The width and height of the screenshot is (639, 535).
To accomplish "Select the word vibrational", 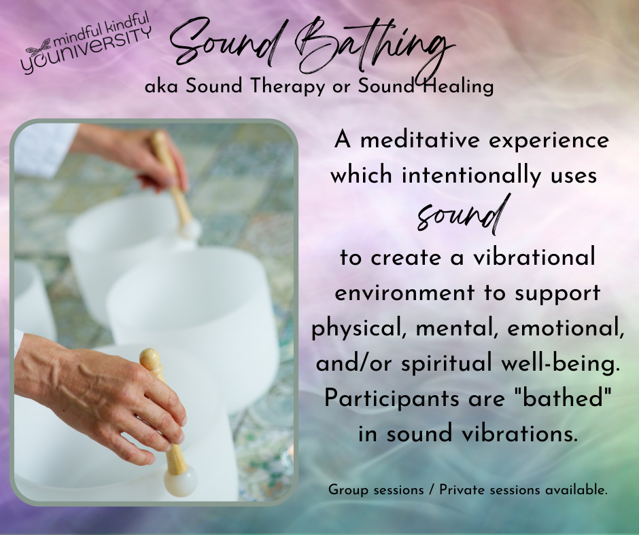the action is [x=534, y=258].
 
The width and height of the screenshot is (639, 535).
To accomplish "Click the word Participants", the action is [x=392, y=399].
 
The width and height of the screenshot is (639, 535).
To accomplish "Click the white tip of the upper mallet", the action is [x=190, y=231].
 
